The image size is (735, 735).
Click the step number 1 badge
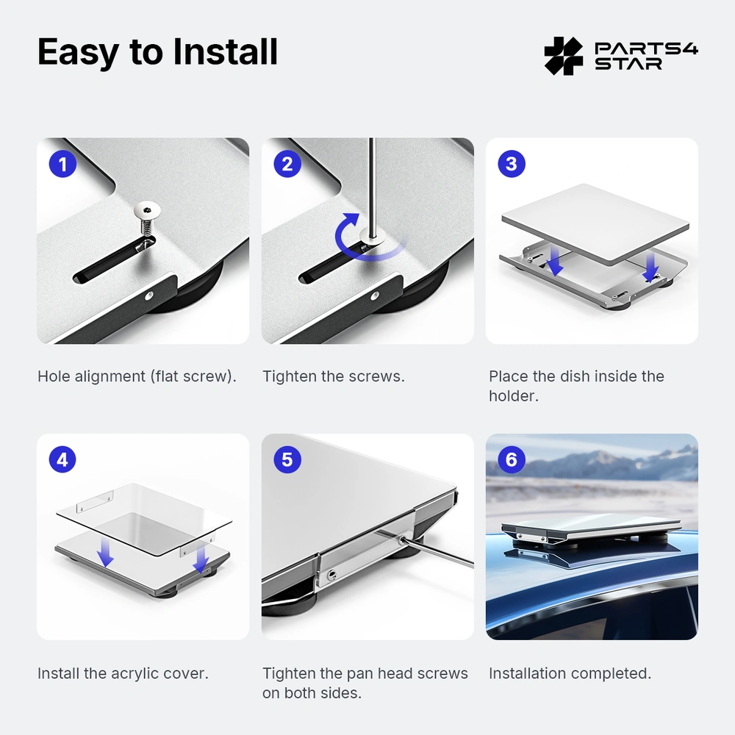(62, 164)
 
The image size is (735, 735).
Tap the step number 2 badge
(287, 164)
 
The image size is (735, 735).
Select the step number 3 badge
(512, 164)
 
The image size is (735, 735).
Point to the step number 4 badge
(62, 459)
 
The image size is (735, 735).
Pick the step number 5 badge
(287, 459)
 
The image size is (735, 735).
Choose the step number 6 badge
(512, 459)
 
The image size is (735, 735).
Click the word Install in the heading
(225, 51)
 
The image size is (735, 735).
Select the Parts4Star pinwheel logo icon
(564, 56)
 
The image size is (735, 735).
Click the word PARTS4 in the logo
(646, 49)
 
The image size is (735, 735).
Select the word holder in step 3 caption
(512, 396)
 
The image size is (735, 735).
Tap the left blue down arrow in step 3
(555, 262)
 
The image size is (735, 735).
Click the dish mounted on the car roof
(592, 527)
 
